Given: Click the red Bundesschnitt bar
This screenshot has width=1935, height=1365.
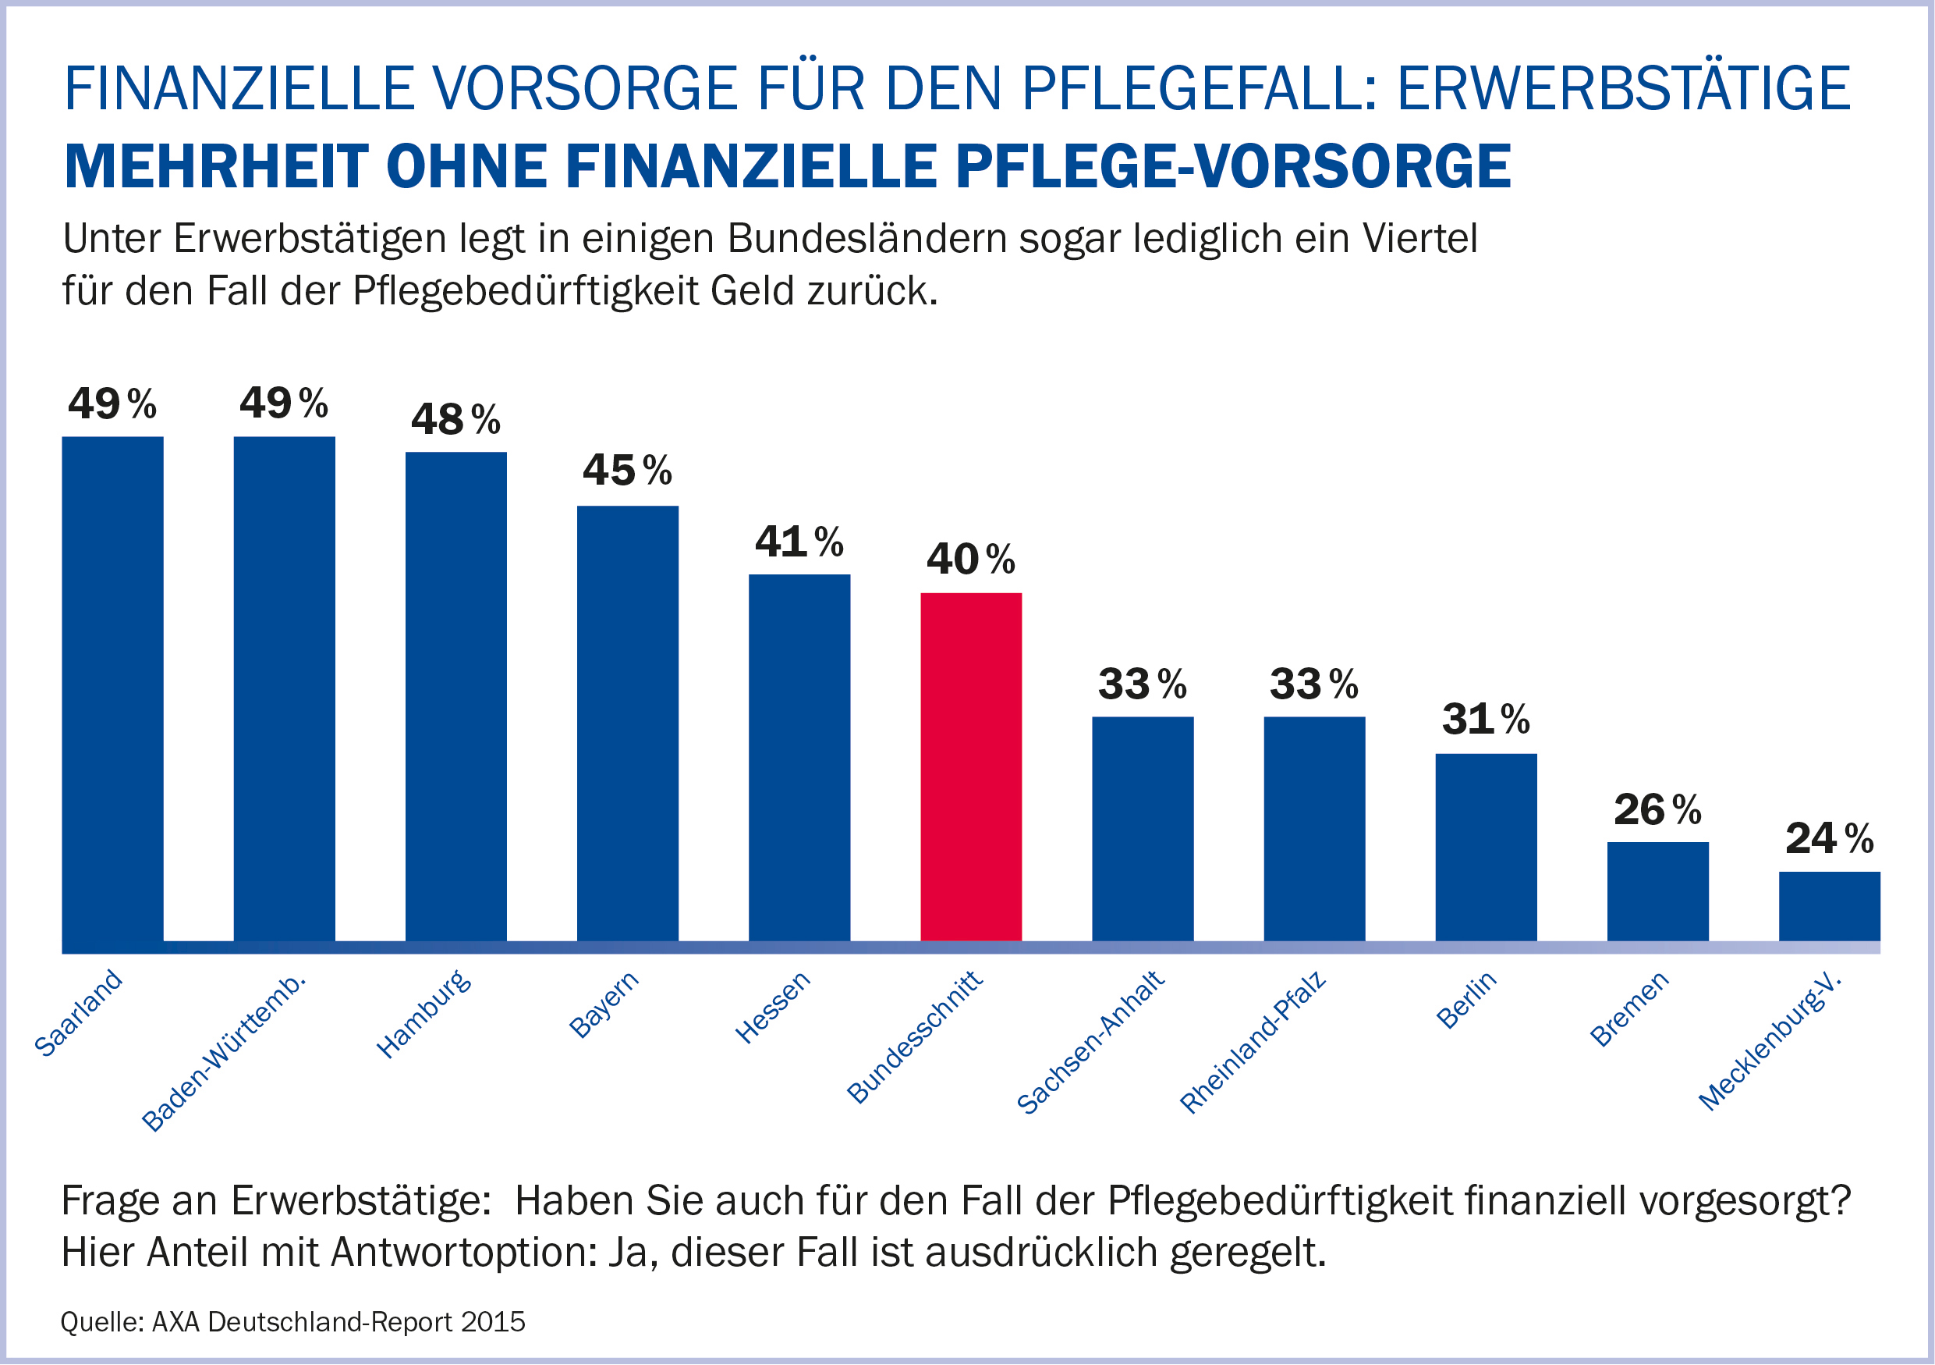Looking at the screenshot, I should [971, 766].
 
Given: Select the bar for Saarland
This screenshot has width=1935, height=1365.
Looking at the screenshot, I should [113, 689].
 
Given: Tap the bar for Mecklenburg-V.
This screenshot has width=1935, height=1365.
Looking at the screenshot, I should [1829, 905].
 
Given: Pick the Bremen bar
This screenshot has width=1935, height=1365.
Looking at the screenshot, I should [1657, 891].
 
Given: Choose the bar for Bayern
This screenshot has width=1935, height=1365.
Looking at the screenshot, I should [628, 723].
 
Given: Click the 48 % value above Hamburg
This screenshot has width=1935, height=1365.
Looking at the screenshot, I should [455, 419].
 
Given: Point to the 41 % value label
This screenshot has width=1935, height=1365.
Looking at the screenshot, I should [799, 542].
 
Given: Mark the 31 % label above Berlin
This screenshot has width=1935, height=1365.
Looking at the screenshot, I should [1486, 719].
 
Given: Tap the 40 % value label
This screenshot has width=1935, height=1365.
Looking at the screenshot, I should [971, 559].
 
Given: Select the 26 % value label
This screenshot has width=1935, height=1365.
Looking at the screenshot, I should [1657, 809].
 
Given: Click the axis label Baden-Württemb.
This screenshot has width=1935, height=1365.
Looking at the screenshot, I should [223, 1054].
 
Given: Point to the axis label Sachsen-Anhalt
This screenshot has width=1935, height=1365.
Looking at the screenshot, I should [1090, 1043].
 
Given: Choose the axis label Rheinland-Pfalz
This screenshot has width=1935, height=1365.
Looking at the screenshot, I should [1253, 1043].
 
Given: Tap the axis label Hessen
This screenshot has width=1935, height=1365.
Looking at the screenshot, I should [773, 1007].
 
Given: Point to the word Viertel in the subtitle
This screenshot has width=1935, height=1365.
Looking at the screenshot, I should [1420, 239].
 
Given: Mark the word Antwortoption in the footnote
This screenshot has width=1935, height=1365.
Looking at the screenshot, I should [464, 1252].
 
